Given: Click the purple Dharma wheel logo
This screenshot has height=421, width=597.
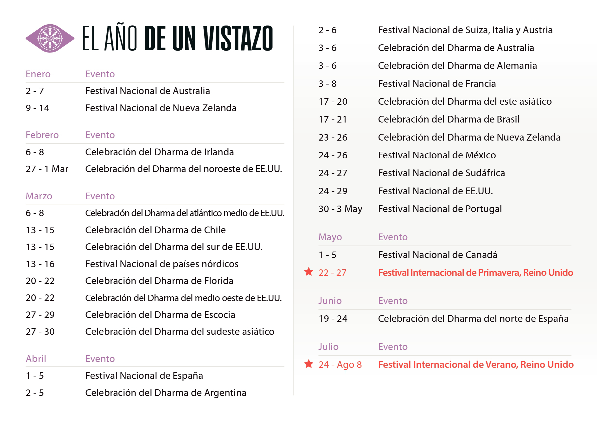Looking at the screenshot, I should click(50, 39).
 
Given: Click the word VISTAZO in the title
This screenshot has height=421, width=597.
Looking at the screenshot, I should click(238, 39).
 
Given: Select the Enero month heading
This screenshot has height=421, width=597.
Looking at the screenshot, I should click(38, 74).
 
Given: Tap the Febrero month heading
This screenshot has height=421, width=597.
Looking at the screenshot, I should click(42, 135).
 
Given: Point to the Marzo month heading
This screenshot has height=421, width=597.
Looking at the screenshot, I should click(39, 196).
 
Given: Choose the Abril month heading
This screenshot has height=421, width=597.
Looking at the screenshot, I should click(36, 359).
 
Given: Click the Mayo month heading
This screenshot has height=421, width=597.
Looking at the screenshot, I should click(330, 237).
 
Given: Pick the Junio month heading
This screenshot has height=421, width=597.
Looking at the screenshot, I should click(330, 301).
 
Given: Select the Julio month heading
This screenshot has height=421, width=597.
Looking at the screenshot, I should click(328, 347).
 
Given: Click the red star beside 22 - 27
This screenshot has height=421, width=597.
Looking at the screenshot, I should click(309, 272).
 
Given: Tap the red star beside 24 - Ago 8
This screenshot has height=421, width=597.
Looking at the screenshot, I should click(309, 364).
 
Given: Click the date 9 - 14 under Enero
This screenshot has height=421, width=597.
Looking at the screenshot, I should click(38, 108).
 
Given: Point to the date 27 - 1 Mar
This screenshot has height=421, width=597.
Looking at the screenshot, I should click(47, 169).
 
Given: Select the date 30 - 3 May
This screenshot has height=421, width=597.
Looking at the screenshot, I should click(340, 209).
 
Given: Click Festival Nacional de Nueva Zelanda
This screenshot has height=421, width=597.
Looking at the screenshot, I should click(161, 108).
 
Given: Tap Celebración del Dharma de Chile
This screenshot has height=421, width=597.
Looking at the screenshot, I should click(155, 230).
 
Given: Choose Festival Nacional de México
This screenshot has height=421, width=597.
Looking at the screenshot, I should click(437, 155).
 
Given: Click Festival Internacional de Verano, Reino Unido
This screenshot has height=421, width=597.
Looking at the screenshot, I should click(475, 365).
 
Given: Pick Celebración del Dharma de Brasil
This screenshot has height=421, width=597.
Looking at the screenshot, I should click(449, 119).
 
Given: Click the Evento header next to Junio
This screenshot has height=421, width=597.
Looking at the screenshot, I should click(393, 301).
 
